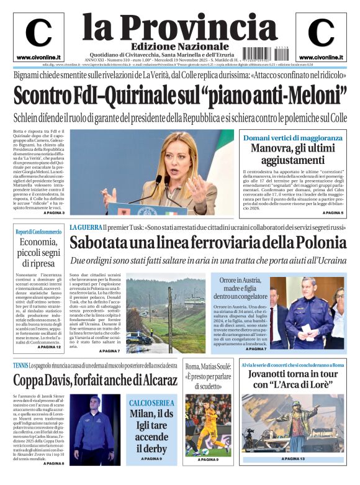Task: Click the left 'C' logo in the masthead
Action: [x=38, y=34]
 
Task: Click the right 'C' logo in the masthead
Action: [x=321, y=34]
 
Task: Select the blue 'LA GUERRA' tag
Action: [x=85, y=228]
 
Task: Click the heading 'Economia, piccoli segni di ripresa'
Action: [x=40, y=253]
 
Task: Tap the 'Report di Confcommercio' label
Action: [x=38, y=232]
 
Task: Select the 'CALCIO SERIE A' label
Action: [x=152, y=403]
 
